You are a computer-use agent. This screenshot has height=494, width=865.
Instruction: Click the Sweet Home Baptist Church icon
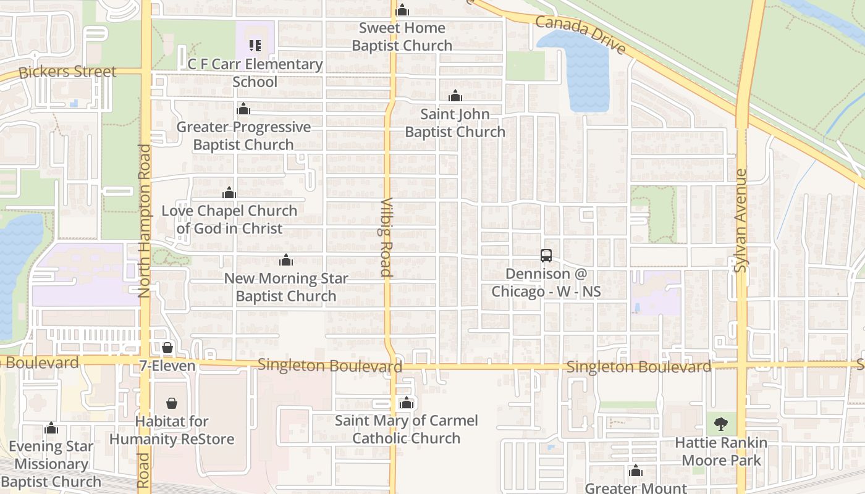[x=402, y=10]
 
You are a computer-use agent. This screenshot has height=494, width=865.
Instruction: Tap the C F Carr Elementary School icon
[x=255, y=45]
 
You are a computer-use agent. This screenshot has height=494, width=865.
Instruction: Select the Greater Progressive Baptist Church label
[x=243, y=136]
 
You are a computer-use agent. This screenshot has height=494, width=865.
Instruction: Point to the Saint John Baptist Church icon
[x=455, y=96]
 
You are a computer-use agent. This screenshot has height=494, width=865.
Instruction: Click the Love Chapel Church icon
[x=229, y=193]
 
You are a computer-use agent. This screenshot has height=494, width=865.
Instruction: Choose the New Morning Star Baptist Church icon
[x=285, y=260]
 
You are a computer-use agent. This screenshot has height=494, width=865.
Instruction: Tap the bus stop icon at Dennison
[x=546, y=256]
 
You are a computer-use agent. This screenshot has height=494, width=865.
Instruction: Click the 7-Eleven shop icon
[x=167, y=348]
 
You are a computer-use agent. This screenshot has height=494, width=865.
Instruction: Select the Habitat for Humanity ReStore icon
[x=172, y=403]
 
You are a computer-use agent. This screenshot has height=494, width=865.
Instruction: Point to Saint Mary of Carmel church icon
[x=406, y=403]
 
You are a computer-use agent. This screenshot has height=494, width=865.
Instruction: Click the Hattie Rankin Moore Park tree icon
[x=720, y=424]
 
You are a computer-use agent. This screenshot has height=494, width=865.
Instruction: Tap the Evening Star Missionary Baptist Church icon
[x=51, y=428]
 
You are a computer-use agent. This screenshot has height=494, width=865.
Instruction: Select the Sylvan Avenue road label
[x=740, y=220]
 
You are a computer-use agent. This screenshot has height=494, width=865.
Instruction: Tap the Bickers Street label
[x=67, y=72]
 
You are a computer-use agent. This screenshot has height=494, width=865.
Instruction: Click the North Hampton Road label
[x=145, y=221]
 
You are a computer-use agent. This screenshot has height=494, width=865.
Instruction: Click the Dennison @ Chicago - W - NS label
[x=546, y=282]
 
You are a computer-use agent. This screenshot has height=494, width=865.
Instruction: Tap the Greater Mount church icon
[x=636, y=472]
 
